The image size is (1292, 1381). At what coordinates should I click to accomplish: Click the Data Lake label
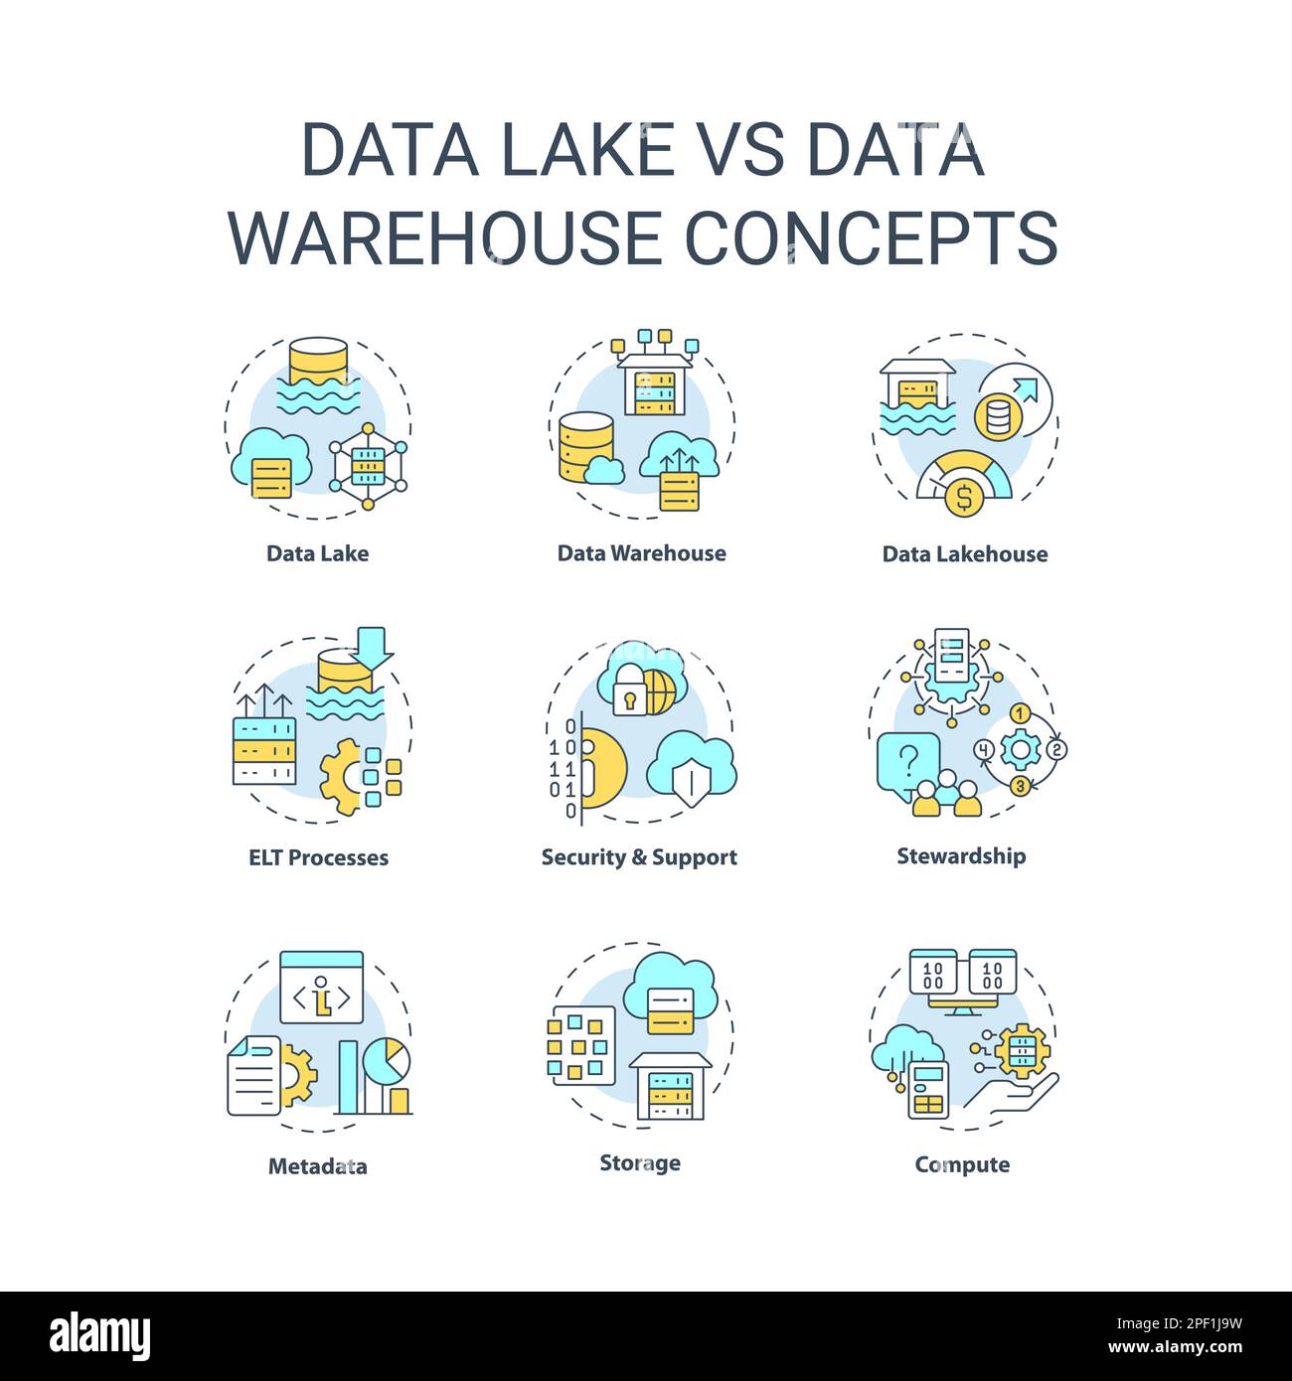tap(317, 553)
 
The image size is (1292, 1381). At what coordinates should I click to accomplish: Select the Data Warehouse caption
tap(641, 553)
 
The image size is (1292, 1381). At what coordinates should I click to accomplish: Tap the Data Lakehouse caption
tap(964, 554)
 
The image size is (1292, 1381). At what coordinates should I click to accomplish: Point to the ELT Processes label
tap(318, 857)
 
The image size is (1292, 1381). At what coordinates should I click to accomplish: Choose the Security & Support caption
tap(639, 857)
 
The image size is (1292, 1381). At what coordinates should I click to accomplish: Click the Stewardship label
tap(961, 855)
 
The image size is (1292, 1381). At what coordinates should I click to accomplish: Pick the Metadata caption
tap(317, 1166)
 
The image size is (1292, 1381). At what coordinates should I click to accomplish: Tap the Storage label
tap(640, 1162)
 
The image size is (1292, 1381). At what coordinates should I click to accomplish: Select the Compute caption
tap(962, 1164)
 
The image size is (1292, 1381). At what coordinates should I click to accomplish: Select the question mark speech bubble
tap(907, 762)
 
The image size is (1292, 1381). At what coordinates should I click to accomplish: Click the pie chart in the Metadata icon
tap(387, 1061)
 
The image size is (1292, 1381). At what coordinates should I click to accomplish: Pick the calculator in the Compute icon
tap(929, 1090)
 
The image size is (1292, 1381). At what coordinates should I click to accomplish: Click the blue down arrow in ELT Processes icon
tap(375, 646)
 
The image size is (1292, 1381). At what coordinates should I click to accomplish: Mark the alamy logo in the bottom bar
tap(99, 1336)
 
